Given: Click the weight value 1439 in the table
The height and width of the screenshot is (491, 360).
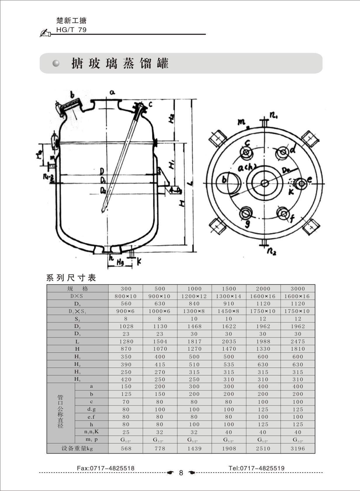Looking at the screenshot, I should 194,448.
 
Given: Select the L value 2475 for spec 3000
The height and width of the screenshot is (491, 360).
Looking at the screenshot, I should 298,341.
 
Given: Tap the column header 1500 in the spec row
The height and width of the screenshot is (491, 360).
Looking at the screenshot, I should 229,289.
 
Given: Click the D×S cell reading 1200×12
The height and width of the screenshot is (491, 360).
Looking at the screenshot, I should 194,296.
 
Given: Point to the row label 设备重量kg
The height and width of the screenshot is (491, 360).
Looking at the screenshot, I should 77,448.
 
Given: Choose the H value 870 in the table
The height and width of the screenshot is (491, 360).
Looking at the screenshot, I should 126,349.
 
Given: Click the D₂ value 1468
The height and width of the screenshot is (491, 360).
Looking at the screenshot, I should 194,326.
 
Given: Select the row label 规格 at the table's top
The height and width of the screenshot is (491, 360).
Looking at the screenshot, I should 77,289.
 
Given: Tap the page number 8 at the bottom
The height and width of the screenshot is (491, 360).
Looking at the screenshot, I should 181,473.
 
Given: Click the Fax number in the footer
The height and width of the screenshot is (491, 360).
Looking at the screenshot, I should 106,468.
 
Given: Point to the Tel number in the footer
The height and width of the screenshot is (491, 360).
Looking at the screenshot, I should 256,468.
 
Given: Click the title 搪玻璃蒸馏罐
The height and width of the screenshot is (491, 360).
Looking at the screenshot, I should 120,63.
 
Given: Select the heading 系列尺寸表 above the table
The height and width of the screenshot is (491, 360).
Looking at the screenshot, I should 71,278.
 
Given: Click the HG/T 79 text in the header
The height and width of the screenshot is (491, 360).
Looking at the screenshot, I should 71,30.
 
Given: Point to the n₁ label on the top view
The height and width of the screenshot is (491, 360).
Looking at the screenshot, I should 274,116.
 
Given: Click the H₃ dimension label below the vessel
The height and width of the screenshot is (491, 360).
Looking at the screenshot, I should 120,263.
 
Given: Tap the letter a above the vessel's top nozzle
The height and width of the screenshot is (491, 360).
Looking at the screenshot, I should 112,92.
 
